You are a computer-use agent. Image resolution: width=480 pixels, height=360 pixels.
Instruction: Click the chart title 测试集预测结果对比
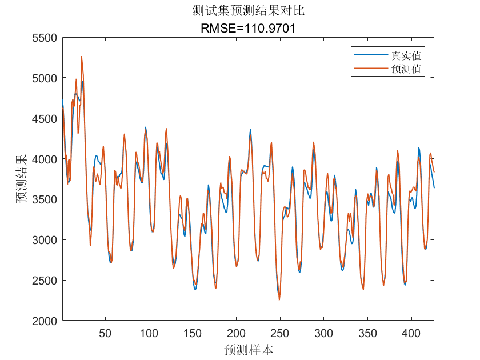[249, 11]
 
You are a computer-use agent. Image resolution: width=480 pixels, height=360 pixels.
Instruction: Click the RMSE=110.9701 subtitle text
[249, 28]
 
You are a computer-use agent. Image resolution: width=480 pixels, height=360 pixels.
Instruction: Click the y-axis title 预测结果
[21, 179]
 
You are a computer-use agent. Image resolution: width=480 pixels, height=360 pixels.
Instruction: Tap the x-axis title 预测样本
[249, 349]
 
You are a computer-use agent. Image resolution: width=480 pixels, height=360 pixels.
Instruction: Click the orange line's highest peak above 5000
[82, 57]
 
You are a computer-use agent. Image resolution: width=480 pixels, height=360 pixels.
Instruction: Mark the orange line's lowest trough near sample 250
[279, 299]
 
